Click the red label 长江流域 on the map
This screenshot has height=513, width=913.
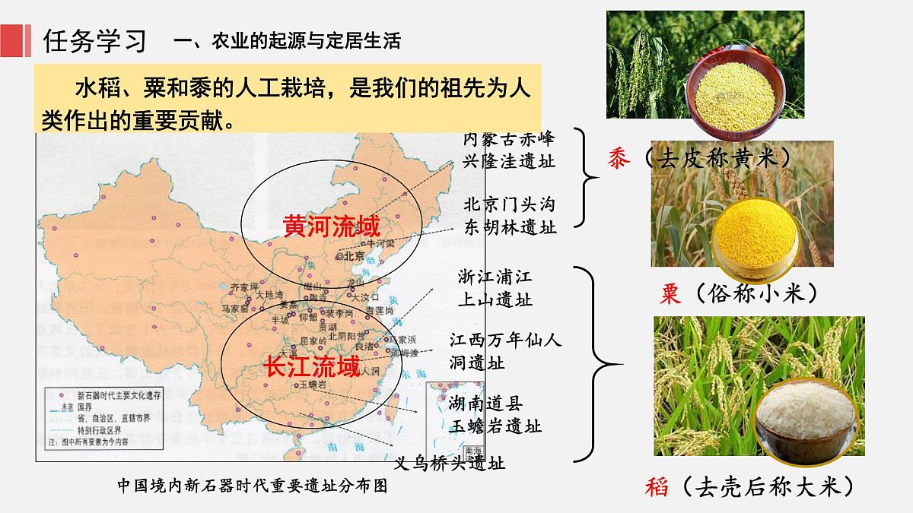tap(312, 367)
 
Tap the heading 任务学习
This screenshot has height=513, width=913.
tap(95, 40)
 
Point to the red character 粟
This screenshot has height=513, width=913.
tap(670, 293)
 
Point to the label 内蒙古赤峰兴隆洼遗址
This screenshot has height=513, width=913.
tap(509, 150)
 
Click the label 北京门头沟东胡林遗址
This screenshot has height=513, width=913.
tap(509, 216)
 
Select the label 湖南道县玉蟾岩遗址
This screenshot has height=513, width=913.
tap(495, 413)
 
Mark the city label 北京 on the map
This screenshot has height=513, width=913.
tap(354, 256)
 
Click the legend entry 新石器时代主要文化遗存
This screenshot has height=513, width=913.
tap(107, 395)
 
